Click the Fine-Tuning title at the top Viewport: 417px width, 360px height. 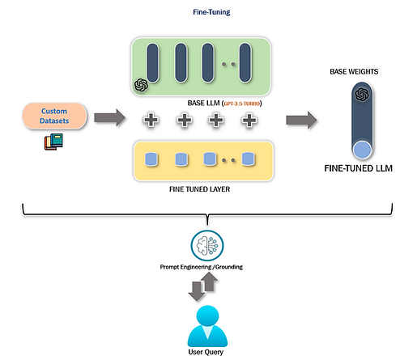click(x=211, y=12)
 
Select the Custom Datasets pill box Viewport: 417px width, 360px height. click(x=54, y=116)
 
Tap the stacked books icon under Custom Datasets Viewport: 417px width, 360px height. click(x=53, y=142)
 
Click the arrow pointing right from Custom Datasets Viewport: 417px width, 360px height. click(x=109, y=117)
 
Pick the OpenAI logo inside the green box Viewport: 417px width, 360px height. click(x=141, y=85)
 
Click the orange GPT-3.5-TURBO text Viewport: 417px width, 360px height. click(x=242, y=104)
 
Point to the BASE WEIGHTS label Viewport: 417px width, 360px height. click(x=354, y=71)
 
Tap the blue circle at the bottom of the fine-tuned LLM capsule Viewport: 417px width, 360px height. click(x=362, y=150)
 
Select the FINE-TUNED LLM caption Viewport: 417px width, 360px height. click(x=358, y=168)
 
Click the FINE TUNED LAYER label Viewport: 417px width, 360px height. click(x=199, y=189)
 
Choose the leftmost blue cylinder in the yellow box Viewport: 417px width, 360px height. click(x=151, y=159)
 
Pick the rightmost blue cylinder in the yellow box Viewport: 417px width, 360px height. click(x=248, y=159)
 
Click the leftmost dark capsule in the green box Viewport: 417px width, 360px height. click(x=152, y=63)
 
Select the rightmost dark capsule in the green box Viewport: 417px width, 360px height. click(x=245, y=62)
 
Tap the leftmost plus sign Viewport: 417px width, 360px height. click(x=151, y=120)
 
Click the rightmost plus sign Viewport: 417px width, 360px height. click(x=249, y=120)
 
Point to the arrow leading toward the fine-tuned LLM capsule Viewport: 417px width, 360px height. click(x=301, y=120)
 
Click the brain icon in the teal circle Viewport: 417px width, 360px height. click(x=207, y=246)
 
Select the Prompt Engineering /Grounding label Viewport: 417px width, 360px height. click(x=202, y=267)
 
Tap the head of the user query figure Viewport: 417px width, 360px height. click(x=207, y=316)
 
